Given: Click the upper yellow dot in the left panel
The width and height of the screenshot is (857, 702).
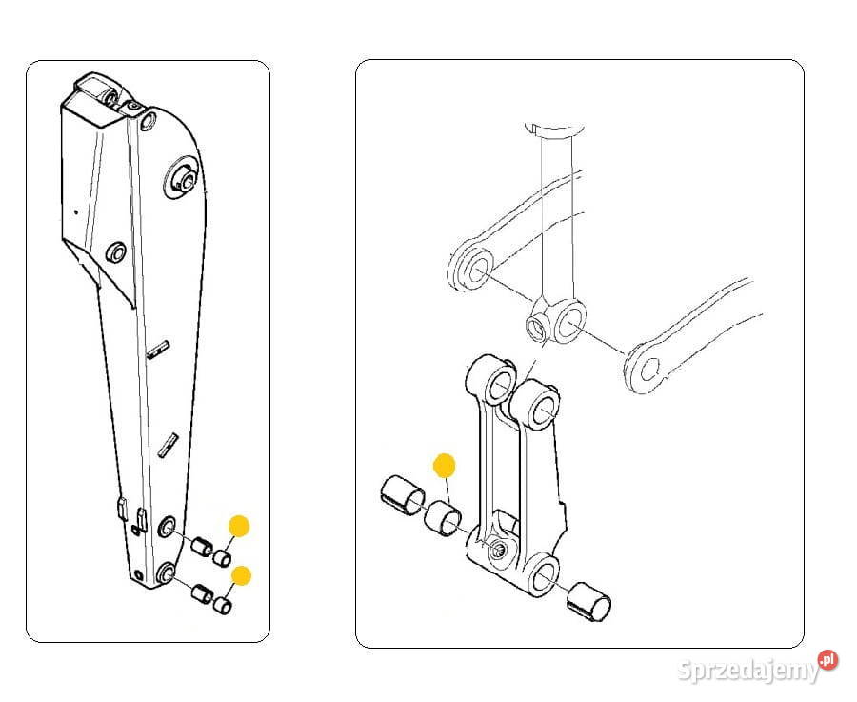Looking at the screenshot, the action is (239, 526).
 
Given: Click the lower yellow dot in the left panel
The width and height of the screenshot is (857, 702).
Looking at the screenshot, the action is (241, 575).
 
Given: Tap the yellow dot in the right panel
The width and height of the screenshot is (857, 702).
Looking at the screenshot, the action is (444, 465).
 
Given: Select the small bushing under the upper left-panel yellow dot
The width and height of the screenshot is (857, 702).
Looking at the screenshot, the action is (221, 558).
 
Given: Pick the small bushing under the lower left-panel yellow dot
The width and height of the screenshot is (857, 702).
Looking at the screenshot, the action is (223, 605).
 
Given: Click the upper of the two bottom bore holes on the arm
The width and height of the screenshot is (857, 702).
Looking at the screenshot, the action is (166, 527).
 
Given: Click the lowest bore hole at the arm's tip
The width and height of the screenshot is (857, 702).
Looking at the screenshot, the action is (165, 572).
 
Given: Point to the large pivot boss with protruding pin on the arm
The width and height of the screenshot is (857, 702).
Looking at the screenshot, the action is (183, 178).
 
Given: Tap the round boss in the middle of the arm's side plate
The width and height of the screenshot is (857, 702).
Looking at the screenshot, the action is (115, 253).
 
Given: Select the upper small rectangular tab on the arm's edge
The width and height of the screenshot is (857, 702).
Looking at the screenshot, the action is (159, 349).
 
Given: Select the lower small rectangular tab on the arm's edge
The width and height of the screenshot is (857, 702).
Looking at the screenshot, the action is (168, 445).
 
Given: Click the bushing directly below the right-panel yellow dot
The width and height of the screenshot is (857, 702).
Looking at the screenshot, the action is (443, 516).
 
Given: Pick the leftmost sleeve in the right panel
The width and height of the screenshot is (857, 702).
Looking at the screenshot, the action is (402, 497).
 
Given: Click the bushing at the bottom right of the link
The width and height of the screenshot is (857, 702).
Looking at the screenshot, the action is (588, 603).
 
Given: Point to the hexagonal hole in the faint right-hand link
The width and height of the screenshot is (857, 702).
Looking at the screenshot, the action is (648, 370).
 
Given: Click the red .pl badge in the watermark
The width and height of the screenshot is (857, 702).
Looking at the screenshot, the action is (828, 659).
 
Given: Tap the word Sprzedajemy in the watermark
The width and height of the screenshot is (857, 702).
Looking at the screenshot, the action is (748, 671).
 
